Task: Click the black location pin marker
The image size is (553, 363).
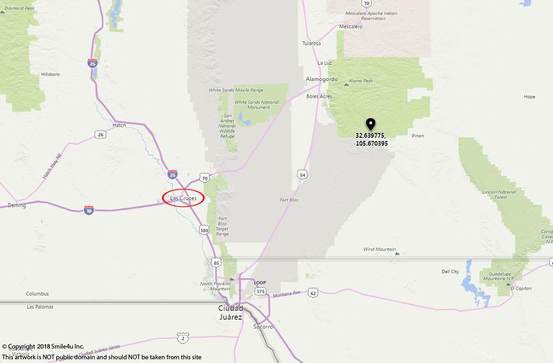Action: click(x=370, y=124)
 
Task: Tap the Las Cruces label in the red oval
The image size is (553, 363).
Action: click(x=183, y=198)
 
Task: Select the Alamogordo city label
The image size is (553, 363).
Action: click(x=322, y=79)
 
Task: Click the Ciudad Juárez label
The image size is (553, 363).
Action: click(x=231, y=312)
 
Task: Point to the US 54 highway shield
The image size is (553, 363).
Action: click(x=303, y=175)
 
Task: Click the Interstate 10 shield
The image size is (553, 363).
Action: click(x=89, y=210)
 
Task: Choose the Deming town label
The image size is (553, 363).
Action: click(x=17, y=205)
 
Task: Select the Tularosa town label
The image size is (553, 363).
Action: click(x=312, y=43)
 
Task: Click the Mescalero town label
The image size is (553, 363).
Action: click(x=351, y=27)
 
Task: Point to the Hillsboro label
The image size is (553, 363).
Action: click(x=50, y=74)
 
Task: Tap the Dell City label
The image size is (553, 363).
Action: click(x=450, y=271)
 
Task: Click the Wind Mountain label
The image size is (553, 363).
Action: click(x=380, y=249)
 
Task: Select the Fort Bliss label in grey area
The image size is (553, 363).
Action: click(x=289, y=200)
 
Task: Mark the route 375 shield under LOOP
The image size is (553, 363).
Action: click(x=260, y=291)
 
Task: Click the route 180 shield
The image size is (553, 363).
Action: click(x=204, y=230)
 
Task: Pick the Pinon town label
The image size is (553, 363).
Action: click(x=418, y=135)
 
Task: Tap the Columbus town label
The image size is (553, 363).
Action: click(x=37, y=294)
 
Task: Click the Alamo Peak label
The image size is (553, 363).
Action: click(x=361, y=81)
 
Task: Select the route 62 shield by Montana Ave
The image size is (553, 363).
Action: click(x=313, y=292)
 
